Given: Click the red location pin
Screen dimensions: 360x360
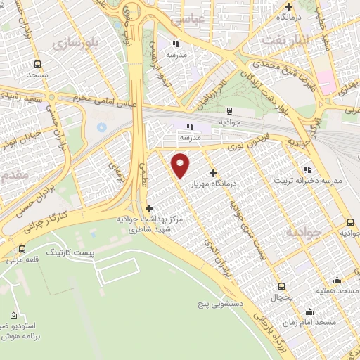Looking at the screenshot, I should tap(181, 165).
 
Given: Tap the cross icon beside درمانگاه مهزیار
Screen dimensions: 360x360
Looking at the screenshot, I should tap(214, 173).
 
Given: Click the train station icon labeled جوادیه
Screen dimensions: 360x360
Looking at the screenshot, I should tap(230, 110).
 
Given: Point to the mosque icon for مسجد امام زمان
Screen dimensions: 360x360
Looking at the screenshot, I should tap(310, 311).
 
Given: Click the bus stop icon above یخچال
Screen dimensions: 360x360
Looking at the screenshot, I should tap(282, 286).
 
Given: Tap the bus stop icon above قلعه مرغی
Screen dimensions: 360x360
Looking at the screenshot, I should tap(22, 249).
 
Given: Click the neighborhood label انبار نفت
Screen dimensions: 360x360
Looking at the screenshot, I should tap(286, 41).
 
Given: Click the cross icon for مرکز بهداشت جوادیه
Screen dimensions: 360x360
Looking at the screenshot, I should tap(148, 208).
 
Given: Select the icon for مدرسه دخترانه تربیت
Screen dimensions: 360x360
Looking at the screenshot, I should tap(306, 169).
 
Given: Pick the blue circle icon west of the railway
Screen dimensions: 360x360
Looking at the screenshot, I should tap(101, 127).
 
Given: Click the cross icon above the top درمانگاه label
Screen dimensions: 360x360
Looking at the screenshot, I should tap(288, 6).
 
